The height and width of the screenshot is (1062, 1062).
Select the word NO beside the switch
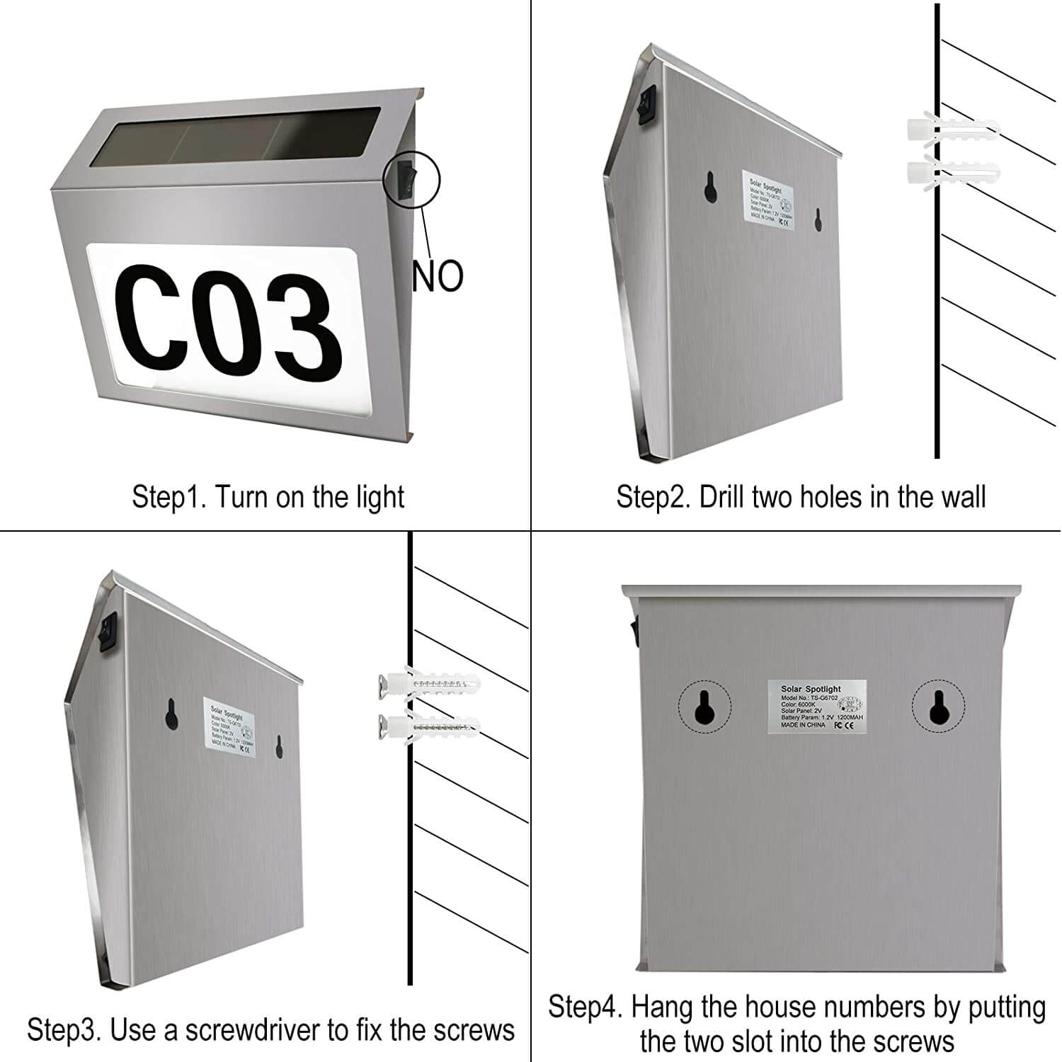tap(438, 275)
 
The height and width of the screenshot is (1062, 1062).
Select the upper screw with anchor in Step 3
tap(429, 685)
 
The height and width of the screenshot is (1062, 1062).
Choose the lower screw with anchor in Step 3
tap(429, 726)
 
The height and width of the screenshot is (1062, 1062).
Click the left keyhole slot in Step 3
tap(171, 713)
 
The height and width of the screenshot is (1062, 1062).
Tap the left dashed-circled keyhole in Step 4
tap(704, 707)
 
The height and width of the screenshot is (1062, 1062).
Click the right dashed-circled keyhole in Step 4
tap(937, 707)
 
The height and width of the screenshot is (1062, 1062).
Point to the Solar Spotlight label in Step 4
tap(817, 707)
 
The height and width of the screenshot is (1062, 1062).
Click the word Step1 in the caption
tap(168, 497)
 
